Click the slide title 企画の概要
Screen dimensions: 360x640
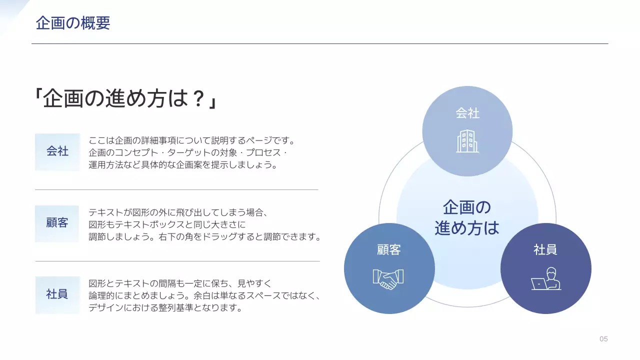click(x=73, y=23)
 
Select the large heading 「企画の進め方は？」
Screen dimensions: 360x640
click(x=125, y=99)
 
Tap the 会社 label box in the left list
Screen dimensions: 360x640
click(x=57, y=151)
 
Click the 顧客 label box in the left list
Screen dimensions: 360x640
click(x=57, y=223)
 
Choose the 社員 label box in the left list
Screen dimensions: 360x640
click(x=57, y=294)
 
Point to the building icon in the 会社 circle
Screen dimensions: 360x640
click(x=467, y=141)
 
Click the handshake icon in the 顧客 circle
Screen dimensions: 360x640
click(x=388, y=279)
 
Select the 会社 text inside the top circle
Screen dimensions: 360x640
click(x=467, y=113)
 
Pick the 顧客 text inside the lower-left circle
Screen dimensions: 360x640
click(x=388, y=250)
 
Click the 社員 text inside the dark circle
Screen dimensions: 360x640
click(x=545, y=250)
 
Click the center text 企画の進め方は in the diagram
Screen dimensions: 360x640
click(x=467, y=217)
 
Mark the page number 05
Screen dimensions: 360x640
click(x=603, y=339)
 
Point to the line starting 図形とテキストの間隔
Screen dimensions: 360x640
click(x=179, y=283)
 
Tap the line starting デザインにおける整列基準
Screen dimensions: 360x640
click(x=165, y=307)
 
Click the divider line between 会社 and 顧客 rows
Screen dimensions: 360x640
click(x=176, y=190)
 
